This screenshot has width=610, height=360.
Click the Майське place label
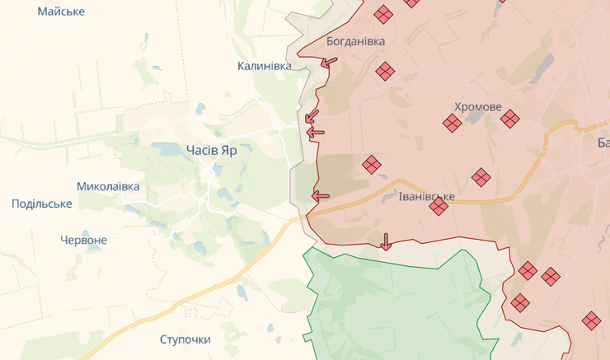61,12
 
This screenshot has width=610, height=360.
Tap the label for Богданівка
355,40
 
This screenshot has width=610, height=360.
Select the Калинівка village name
264,66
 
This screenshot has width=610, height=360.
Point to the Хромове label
477,107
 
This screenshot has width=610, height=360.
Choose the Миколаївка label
108,186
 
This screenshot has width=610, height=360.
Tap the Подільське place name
42,203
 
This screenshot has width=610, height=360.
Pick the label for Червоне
83,240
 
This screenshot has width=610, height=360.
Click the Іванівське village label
426,197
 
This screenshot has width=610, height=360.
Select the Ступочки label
185,339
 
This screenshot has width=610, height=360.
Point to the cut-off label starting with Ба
603,143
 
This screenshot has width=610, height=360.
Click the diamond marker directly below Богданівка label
384,72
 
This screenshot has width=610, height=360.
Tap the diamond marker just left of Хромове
452,124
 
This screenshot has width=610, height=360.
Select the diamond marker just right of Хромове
510,119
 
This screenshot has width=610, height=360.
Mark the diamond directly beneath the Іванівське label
439,207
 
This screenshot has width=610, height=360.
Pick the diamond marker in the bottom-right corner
591,320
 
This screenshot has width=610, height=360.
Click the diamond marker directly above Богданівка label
383,14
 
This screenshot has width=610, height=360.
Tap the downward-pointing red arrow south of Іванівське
385,241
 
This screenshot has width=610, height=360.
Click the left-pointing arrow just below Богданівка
329,62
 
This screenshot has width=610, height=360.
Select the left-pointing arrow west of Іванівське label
320,196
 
